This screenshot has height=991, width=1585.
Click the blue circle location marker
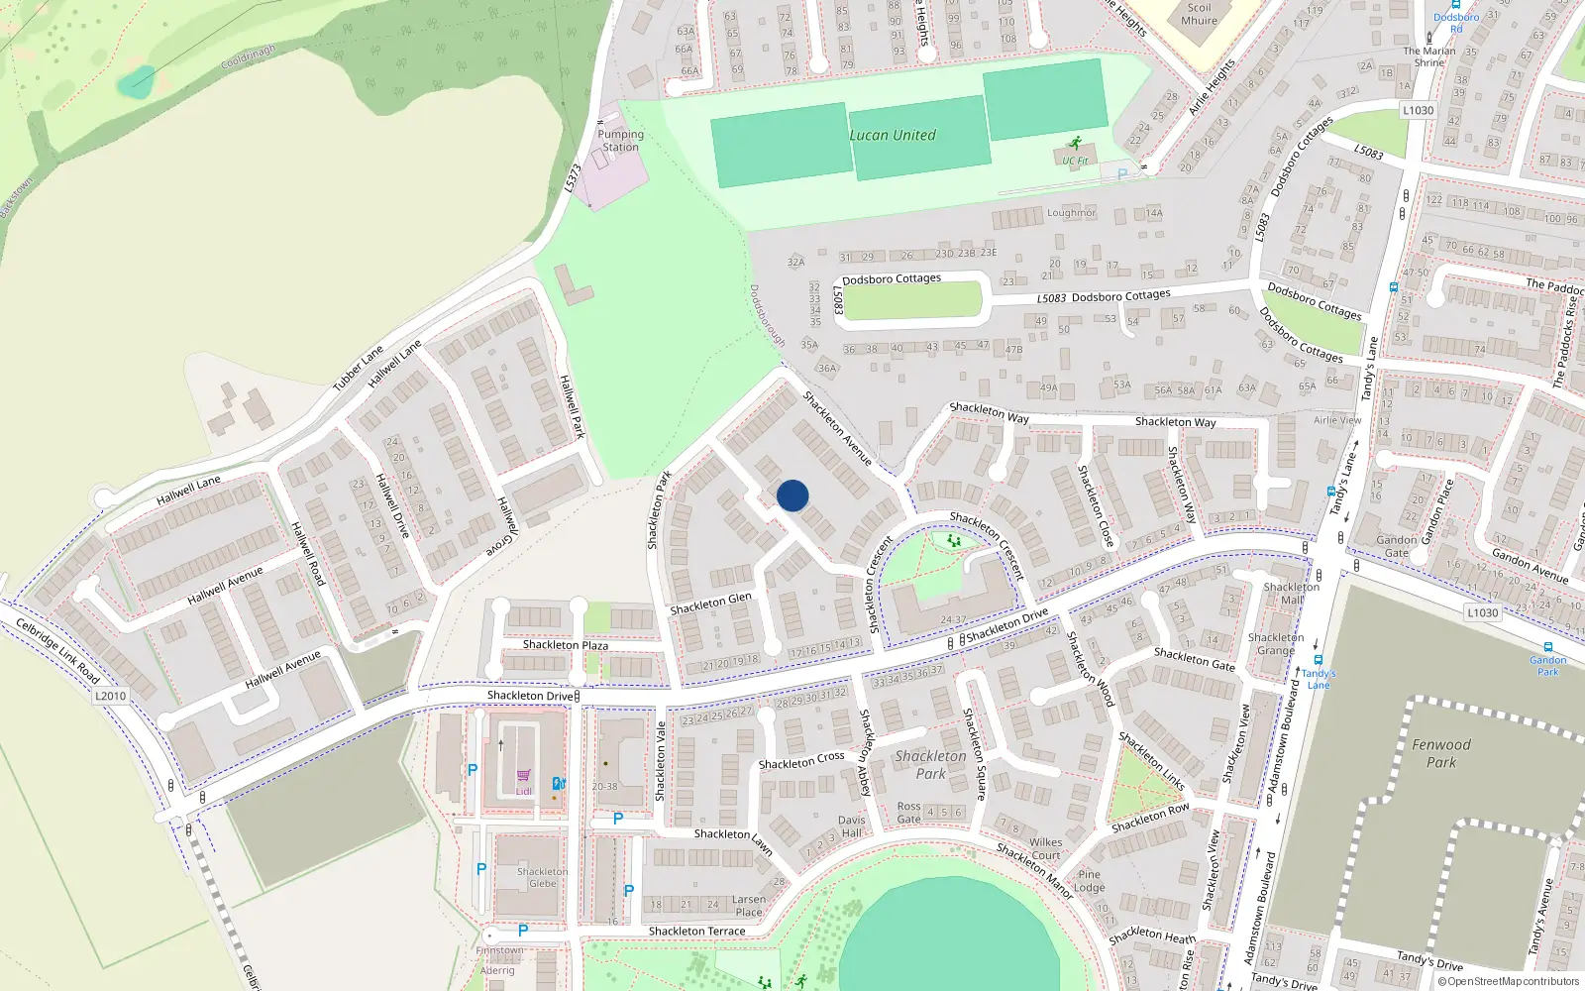pos(792,495)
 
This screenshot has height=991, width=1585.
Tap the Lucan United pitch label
pos(893,135)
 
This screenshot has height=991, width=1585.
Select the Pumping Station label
pos(620,141)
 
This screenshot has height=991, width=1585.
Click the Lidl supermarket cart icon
pos(523,776)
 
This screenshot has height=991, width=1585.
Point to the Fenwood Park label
pos(1441,753)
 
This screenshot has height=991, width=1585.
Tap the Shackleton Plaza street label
pos(565,645)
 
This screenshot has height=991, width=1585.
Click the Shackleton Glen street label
pos(710,603)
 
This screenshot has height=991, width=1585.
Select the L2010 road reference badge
pos(110,696)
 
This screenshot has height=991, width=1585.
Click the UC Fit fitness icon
pos(1075,145)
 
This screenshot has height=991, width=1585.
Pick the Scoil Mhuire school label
pos(1199,14)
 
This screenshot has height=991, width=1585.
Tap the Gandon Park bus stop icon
pos(1548,647)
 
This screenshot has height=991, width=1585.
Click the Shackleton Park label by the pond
pos(930,764)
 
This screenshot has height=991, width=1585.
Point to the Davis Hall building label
pos(851,826)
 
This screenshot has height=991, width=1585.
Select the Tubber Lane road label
pos(358,368)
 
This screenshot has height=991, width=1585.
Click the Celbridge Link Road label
pos(57,650)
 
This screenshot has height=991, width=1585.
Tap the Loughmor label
pos(1071,213)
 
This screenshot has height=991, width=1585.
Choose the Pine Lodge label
pos(1089,881)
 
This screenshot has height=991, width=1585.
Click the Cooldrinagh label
pos(248,56)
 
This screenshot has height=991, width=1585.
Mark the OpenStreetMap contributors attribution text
pos(1509,981)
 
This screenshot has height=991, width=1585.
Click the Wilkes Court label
pos(1045,848)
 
